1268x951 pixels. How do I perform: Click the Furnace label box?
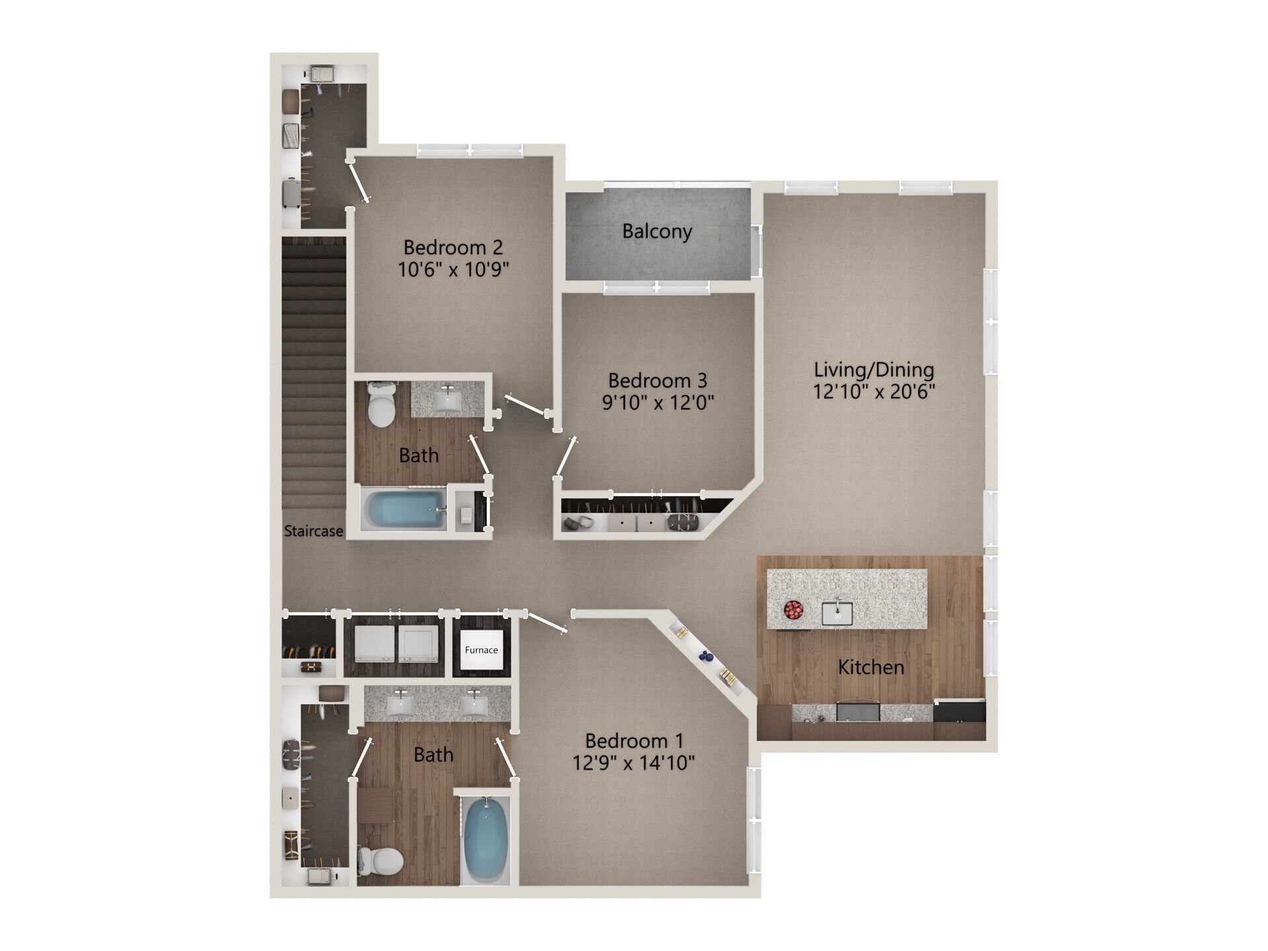click(481, 650)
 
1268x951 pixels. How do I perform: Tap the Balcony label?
click(657, 231)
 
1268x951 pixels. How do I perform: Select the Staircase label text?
click(314, 531)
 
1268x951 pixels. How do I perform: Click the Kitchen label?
click(871, 667)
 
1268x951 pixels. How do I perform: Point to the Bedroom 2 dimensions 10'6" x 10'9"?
click(454, 269)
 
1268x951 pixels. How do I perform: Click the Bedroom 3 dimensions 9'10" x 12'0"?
click(658, 402)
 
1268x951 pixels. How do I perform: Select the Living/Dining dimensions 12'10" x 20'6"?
click(874, 391)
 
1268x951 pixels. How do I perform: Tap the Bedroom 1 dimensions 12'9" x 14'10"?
click(633, 763)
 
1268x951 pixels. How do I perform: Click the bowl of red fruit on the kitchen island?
click(793, 610)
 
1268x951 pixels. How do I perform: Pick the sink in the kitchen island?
click(837, 613)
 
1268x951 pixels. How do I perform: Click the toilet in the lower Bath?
click(381, 861)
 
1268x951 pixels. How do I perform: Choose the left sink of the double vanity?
click(400, 705)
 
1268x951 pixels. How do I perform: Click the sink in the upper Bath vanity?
click(448, 398)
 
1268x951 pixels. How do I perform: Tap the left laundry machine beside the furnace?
click(375, 644)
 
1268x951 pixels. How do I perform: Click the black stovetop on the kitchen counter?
click(960, 711)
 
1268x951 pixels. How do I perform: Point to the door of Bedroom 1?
click(547, 623)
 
